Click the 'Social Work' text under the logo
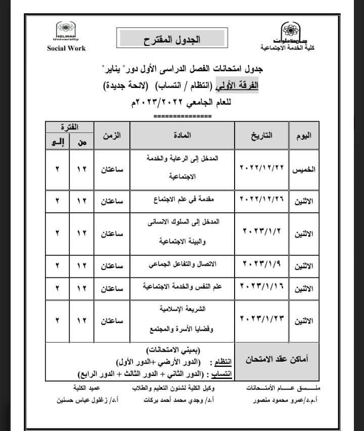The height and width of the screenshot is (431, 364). tap(66, 49)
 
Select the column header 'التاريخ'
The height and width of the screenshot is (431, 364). tap(262, 135)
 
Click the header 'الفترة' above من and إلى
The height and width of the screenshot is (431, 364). tap(69, 127)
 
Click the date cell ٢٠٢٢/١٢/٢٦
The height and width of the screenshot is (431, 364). tap(261, 201)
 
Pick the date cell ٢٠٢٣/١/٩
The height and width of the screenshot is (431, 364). tap(261, 263)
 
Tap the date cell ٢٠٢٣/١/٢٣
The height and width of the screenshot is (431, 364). tap(261, 320)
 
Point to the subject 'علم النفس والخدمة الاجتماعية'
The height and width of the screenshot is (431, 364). tap(181, 287)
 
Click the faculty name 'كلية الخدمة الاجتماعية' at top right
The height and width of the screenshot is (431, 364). tap(290, 48)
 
